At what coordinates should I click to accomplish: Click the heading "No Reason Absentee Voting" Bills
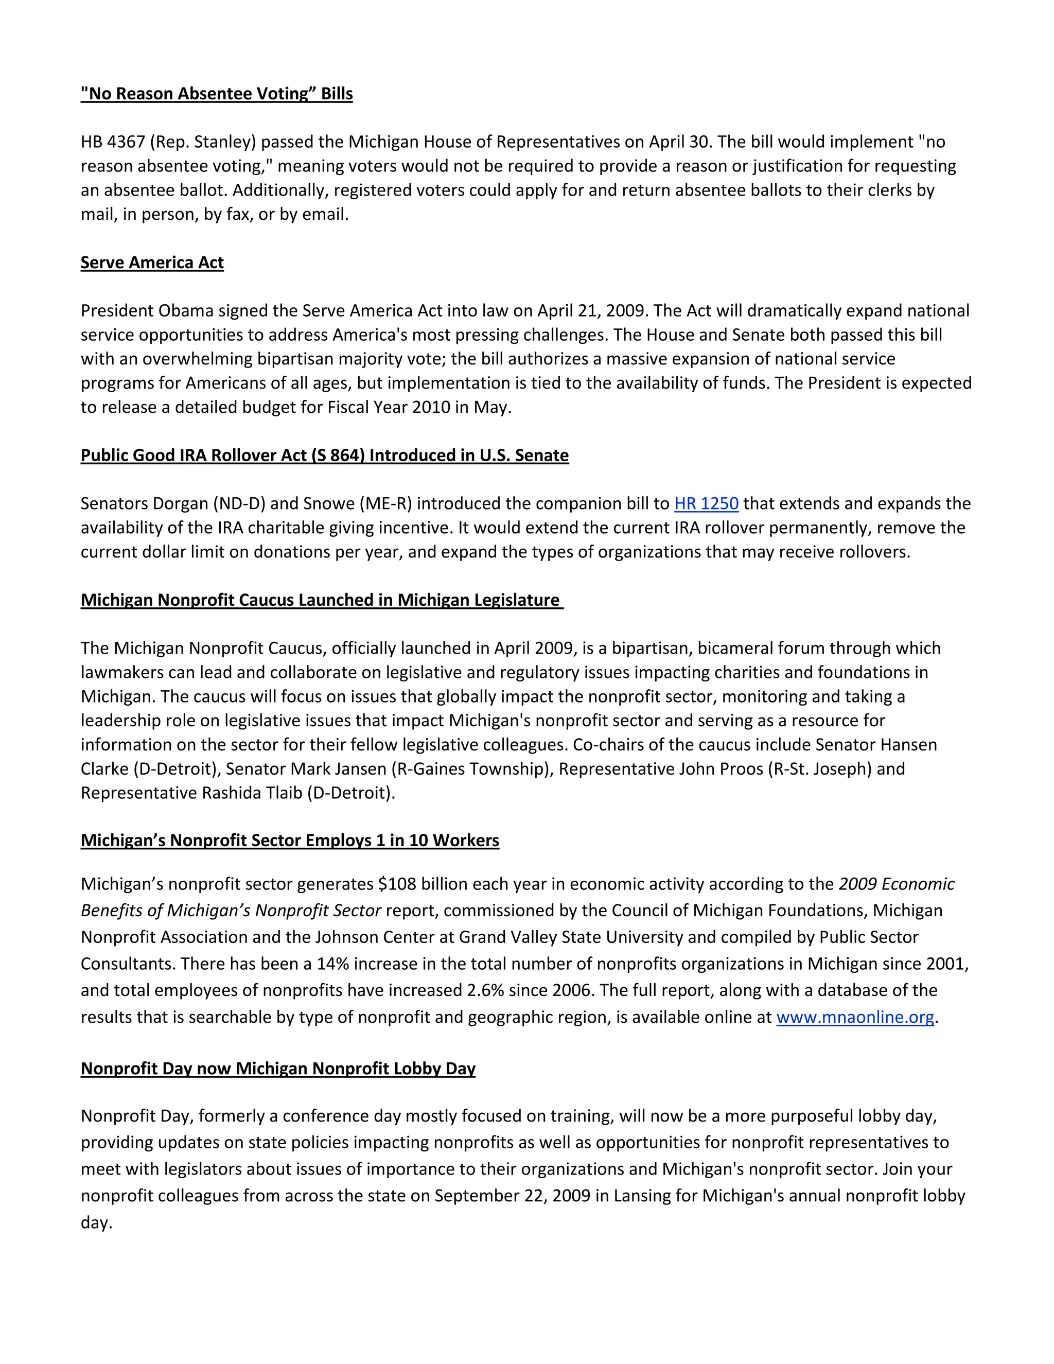coord(217,94)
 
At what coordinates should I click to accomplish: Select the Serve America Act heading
coord(152,263)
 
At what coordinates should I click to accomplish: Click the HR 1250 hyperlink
coord(706,503)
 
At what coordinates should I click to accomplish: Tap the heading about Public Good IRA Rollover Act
coord(324,456)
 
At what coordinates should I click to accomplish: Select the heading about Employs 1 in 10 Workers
coord(290,841)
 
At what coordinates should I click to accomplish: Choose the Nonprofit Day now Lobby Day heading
coord(278,1069)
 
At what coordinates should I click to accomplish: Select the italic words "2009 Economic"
coord(896,884)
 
